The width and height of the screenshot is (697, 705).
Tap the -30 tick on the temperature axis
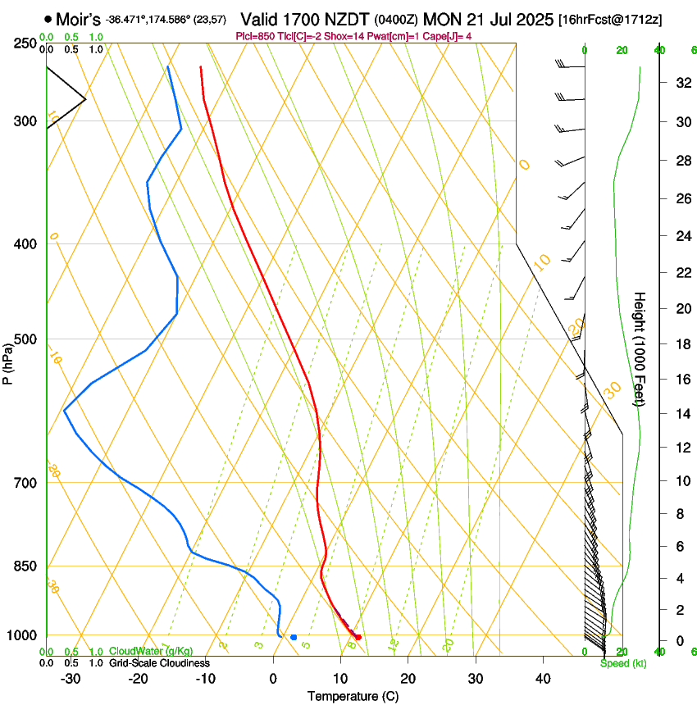coord(71,679)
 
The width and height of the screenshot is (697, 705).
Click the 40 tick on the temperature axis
coord(542,679)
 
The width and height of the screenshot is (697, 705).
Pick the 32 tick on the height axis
coord(680,83)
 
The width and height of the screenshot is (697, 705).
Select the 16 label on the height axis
coord(680,380)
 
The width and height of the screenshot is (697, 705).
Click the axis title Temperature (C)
coord(353,696)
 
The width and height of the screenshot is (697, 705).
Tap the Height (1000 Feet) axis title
coord(640,348)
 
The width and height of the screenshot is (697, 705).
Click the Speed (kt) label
coord(622,663)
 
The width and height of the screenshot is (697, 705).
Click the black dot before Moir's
coord(48,19)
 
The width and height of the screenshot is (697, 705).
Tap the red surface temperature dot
coord(358,637)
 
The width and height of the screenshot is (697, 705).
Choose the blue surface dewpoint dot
coord(294,637)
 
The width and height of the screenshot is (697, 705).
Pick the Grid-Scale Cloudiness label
coord(159,663)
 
